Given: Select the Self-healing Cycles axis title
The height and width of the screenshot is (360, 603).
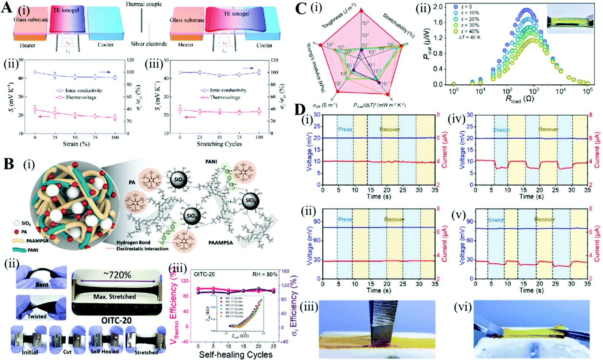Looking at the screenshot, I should click(236, 354).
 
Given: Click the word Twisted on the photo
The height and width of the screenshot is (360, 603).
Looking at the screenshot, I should click(37, 316).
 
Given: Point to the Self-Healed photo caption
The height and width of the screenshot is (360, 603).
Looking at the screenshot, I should click(104, 351).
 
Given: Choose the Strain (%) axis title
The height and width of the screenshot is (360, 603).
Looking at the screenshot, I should click(75, 144).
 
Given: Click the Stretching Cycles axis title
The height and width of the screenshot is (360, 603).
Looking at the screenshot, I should click(219, 144).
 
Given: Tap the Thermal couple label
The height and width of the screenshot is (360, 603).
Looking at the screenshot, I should click(143, 4).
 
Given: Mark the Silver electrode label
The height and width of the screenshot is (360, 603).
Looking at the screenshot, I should click(149, 44).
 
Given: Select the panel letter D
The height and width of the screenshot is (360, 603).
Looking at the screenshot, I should click(300, 110).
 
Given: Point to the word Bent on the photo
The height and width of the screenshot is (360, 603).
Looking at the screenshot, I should click(42, 284).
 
